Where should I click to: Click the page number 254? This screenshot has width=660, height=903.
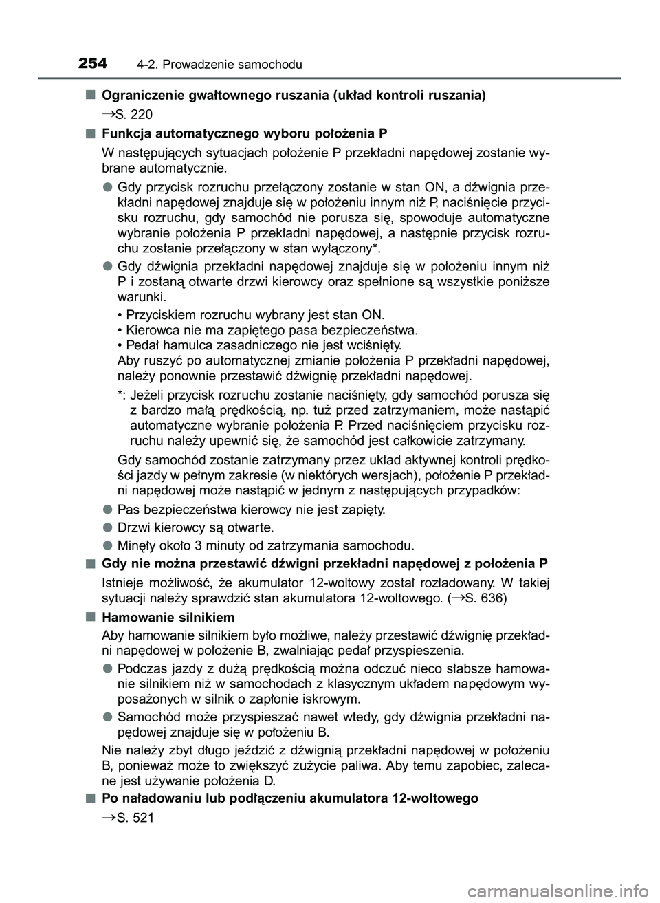pos(93,64)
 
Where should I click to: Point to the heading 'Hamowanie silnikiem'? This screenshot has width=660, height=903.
pos(168,617)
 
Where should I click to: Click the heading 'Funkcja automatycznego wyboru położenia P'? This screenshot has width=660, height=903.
pos(243,133)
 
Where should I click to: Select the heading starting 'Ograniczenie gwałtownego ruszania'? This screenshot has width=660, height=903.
pos(294,96)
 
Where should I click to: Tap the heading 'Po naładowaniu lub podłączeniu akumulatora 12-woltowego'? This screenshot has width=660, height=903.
pos(289,798)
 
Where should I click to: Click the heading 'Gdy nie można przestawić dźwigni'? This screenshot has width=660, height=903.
pos(324,564)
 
